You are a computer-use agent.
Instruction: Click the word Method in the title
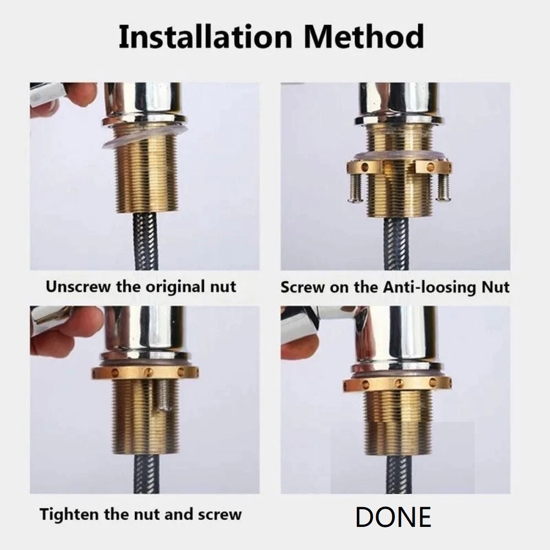[364, 37]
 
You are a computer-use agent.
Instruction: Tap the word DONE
[393, 517]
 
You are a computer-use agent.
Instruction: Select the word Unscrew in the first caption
[79, 287]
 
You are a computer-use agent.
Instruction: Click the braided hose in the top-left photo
[146, 242]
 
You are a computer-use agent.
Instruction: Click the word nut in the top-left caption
[221, 287]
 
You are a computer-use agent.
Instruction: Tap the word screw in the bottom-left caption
[220, 515]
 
